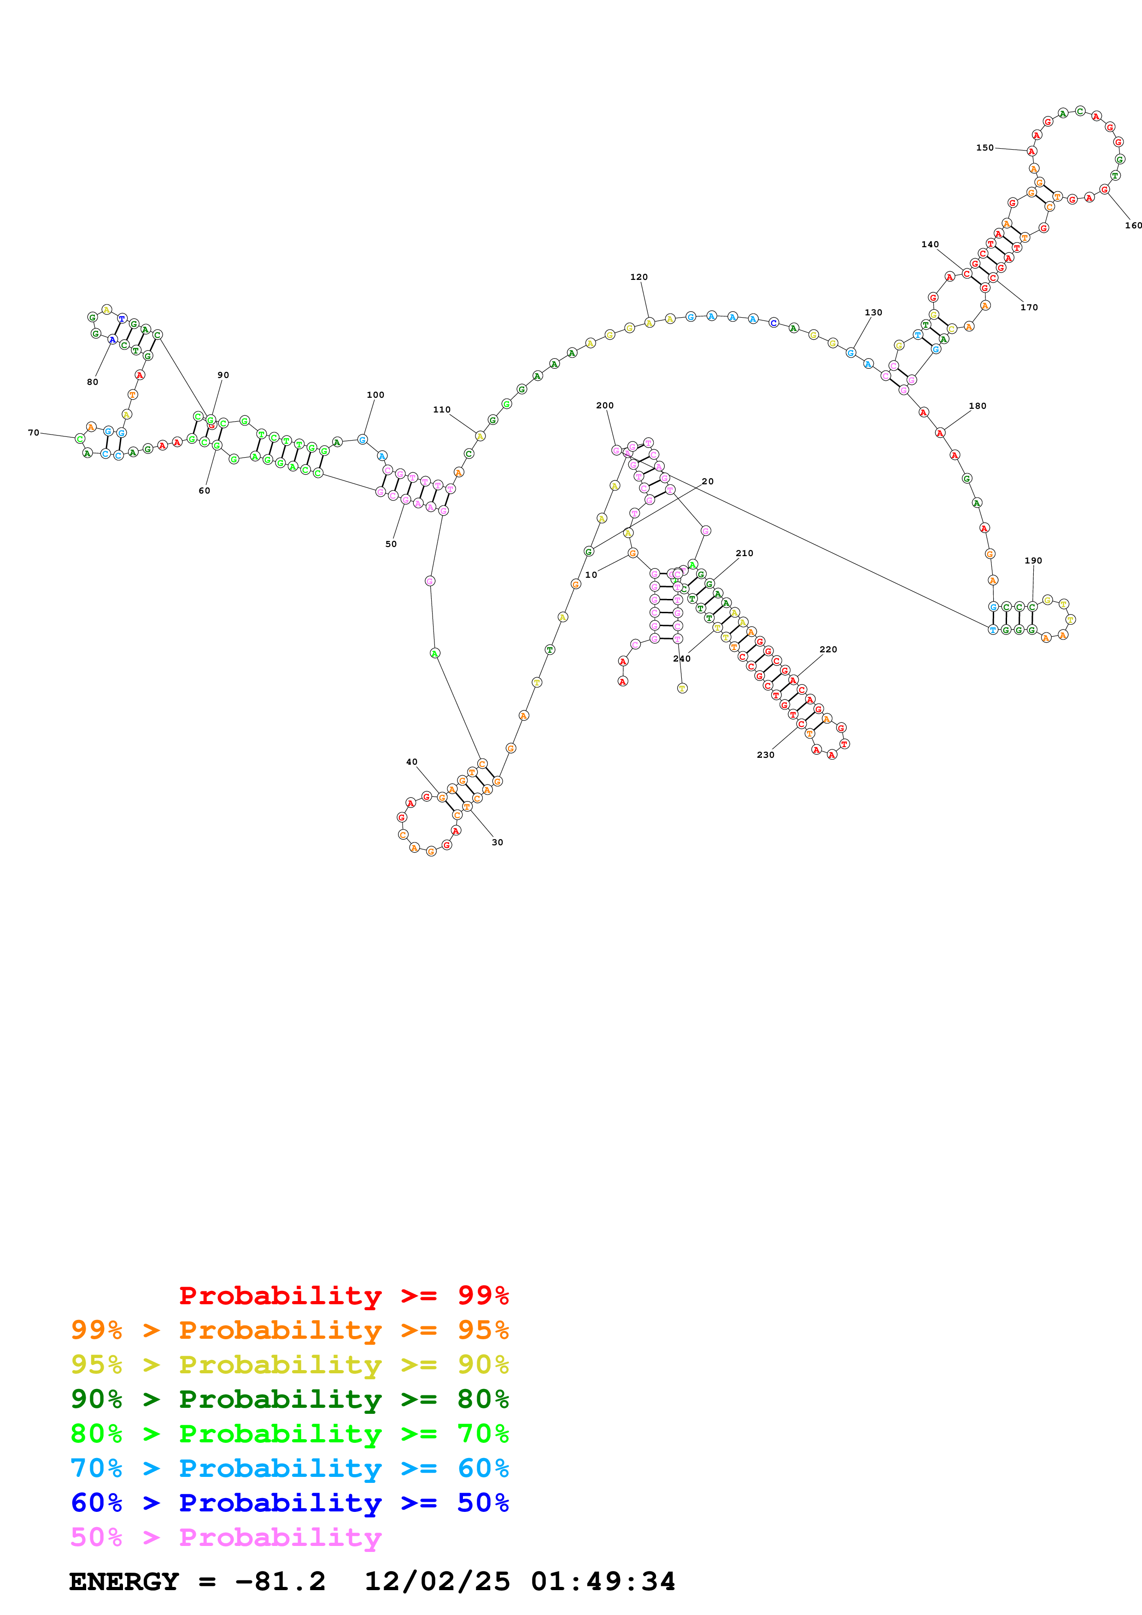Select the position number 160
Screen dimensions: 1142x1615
click(1133, 226)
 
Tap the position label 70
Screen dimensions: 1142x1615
click(33, 433)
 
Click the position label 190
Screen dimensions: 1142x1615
click(1033, 561)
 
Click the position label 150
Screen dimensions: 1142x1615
click(984, 148)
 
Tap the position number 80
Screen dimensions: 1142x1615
click(92, 382)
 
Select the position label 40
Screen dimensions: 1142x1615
click(412, 762)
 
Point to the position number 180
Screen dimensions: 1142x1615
click(978, 406)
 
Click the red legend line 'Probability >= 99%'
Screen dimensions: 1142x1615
click(343, 1295)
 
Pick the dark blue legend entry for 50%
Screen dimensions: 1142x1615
click(289, 1503)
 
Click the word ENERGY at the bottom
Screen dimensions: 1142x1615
click(124, 1582)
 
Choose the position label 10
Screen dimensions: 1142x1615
click(591, 575)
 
